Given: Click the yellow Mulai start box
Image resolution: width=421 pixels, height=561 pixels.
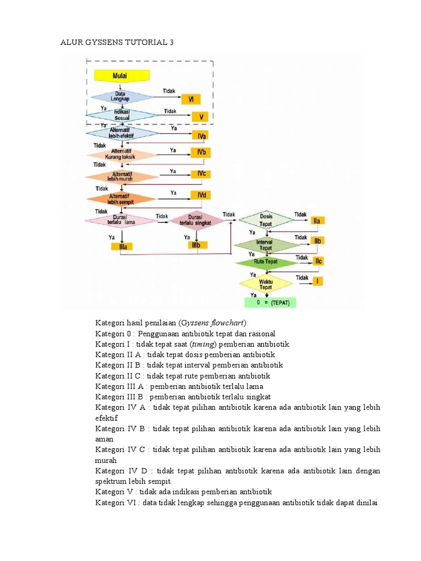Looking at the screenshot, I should click(x=120, y=75).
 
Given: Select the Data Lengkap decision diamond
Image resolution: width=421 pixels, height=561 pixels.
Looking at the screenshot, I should click(x=116, y=96).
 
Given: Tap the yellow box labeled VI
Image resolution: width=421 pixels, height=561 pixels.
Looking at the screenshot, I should click(x=191, y=99).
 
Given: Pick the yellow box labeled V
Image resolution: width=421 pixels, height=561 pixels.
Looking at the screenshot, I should click(x=201, y=117).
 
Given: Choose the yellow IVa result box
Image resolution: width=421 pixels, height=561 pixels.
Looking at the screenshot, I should click(x=202, y=135).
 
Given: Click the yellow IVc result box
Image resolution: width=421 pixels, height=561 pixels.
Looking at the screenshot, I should click(x=202, y=174).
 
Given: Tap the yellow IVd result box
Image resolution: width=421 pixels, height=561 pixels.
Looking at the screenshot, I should click(x=201, y=196).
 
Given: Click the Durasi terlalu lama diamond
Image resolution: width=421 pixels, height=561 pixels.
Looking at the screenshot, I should click(x=120, y=220).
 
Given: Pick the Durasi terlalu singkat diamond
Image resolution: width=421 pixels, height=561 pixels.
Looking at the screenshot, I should click(x=196, y=220).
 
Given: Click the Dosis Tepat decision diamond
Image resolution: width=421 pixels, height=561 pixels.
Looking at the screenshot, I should click(x=266, y=220).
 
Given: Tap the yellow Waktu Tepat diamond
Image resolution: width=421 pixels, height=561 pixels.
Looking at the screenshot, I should click(x=265, y=283).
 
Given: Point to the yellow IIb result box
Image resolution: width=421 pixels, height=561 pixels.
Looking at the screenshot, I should click(x=317, y=241).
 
